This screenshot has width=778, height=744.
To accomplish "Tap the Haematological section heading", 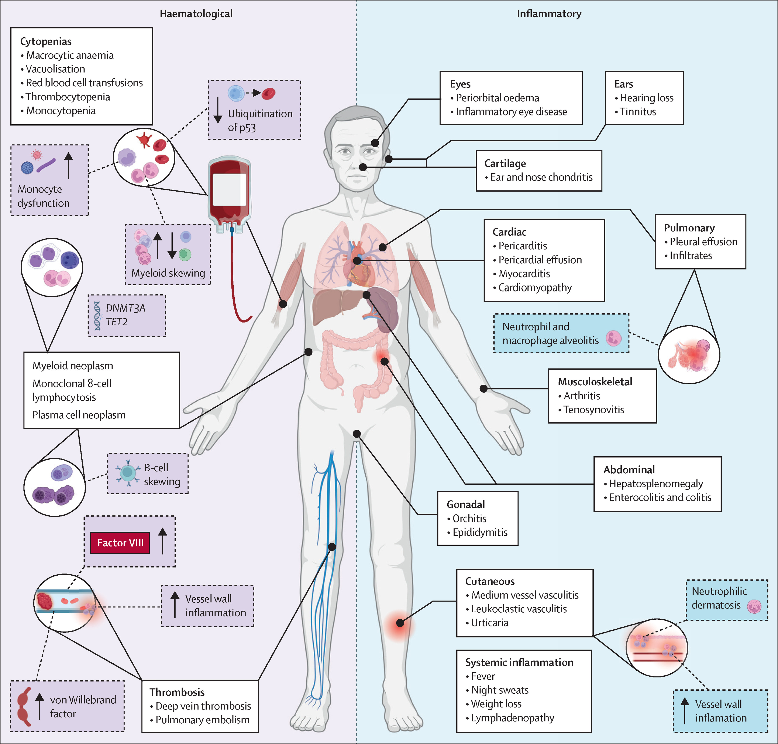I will click(196, 14).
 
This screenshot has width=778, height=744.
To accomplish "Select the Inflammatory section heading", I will click(549, 14).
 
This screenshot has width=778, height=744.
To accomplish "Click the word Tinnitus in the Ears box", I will click(638, 112).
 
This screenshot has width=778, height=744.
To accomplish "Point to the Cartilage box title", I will click(505, 163).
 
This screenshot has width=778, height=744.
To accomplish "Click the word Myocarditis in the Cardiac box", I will click(524, 274).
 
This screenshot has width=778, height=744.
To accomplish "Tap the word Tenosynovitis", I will click(594, 410).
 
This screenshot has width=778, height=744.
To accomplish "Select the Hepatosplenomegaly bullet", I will click(656, 484).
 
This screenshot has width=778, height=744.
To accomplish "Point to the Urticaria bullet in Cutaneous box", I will click(490, 623).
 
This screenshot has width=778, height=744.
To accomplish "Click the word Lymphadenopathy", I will click(513, 718).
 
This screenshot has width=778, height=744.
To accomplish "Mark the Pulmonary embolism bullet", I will click(202, 720).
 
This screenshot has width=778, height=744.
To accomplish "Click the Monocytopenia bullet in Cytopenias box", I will click(61, 111).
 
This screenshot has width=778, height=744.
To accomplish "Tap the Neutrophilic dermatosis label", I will click(719, 598).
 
